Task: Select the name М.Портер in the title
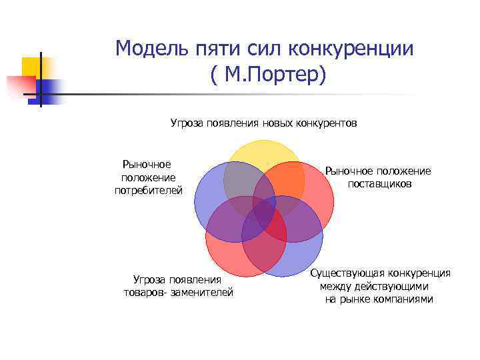(x=271, y=75)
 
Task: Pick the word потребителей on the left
(x=148, y=191)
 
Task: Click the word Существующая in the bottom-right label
(x=347, y=273)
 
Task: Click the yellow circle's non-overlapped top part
(x=263, y=151)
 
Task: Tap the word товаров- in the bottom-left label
(x=145, y=292)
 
